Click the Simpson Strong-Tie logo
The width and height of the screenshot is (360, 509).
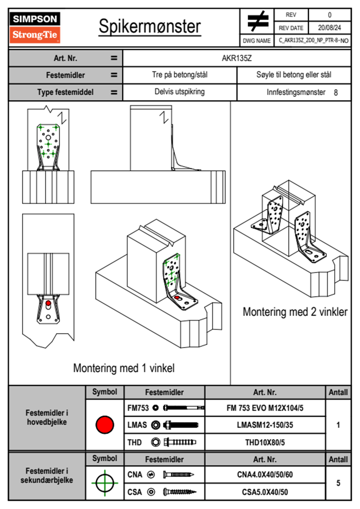[x=35, y=28]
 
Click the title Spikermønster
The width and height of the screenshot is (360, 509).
[x=150, y=27]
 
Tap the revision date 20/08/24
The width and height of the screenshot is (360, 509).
[x=329, y=28]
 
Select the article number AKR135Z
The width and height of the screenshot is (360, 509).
[x=237, y=58]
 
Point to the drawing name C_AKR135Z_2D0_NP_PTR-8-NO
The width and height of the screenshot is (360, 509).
[x=313, y=41]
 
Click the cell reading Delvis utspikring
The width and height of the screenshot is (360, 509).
[x=179, y=92]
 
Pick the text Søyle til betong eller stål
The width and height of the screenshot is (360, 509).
[x=294, y=75]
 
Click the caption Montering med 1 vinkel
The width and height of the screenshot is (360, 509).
[x=124, y=368]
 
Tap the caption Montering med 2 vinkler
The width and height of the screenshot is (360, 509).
[x=295, y=312]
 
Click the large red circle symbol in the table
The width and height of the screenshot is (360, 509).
[x=105, y=425]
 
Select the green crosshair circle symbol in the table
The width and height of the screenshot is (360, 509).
[x=105, y=483]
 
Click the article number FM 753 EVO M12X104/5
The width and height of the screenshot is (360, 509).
[x=265, y=408]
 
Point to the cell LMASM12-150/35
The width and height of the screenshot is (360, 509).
[x=265, y=425]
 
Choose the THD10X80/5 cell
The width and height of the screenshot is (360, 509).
[x=265, y=442]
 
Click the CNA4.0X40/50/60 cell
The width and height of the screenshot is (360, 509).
[x=265, y=475]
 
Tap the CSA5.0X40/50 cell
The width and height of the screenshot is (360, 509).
[x=265, y=492]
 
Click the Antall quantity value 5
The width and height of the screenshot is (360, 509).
[x=338, y=483]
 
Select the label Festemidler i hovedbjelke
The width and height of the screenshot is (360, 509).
[x=47, y=417]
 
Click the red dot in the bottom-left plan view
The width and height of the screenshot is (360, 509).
[x=48, y=303]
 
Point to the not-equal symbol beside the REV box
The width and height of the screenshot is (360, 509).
[x=257, y=21]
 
